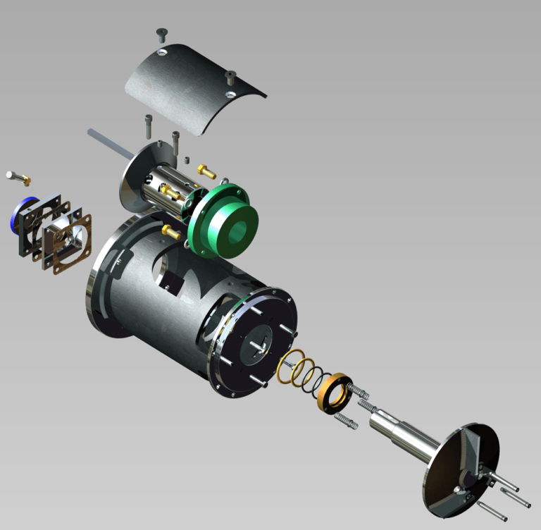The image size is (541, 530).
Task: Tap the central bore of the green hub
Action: tap(238, 230)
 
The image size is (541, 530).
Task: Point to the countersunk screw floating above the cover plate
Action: tap(161, 32)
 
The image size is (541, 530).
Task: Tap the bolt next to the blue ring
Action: tap(18, 177)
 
